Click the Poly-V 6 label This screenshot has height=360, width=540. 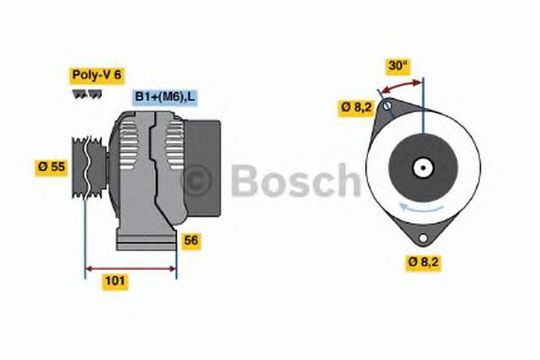tap(95, 76)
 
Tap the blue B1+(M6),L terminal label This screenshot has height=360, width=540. tap(165, 97)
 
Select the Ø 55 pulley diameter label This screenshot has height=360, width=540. tap(53, 167)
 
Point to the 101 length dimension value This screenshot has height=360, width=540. tap(115, 281)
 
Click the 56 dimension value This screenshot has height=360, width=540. tap(190, 240)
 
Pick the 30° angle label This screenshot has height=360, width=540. tap(398, 66)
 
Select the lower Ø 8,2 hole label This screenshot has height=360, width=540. tap(423, 263)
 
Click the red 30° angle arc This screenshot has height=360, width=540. tap(401, 85)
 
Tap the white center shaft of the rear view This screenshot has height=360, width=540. tap(421, 166)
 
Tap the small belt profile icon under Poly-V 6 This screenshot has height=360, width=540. tap(84, 94)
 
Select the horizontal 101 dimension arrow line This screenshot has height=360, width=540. tap(130, 267)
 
